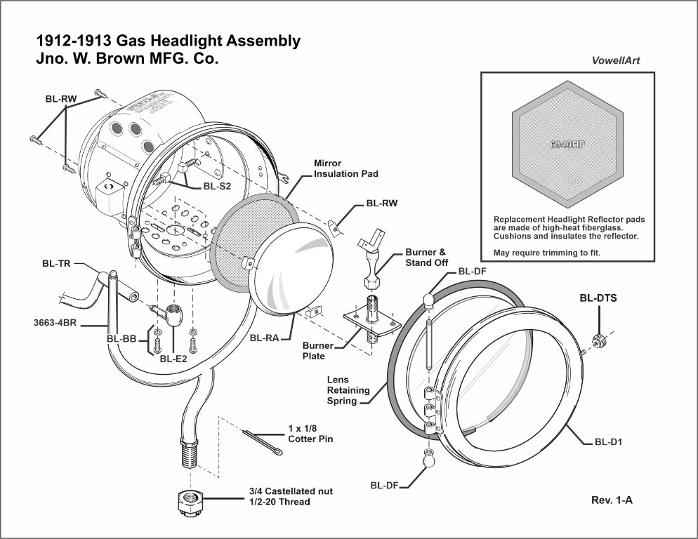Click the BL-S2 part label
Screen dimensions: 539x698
217,186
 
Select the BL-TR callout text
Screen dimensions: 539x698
57,264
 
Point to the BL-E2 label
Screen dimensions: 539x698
173,359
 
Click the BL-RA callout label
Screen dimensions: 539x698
265,338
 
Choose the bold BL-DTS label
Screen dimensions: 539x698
598,298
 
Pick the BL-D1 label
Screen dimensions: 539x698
609,442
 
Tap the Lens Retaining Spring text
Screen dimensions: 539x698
346,391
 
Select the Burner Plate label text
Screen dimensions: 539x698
314,351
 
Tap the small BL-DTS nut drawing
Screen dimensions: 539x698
600,340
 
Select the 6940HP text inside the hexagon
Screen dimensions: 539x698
568,145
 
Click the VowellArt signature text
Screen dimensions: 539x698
616,60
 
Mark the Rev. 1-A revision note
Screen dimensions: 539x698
612,501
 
